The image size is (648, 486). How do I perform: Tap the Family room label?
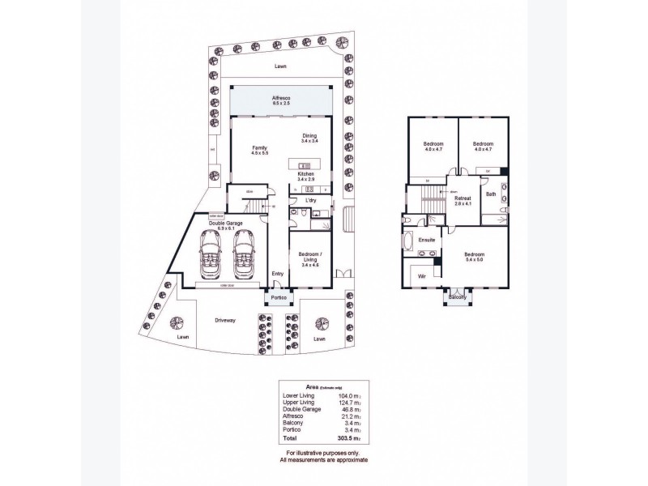coord(259,148)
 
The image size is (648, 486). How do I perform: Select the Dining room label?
coord(309,136)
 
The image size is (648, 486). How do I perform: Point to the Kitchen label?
coord(305,174)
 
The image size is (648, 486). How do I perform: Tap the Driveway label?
coord(226,321)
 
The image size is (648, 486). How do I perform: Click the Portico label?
coord(279,300)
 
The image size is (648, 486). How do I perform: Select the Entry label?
coord(278,273)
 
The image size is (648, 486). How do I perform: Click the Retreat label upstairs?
coord(463,198)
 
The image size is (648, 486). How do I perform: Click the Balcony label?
coord(458,298)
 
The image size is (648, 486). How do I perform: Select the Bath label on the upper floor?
coord(491,194)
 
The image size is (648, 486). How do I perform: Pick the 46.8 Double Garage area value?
coord(352,411)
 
